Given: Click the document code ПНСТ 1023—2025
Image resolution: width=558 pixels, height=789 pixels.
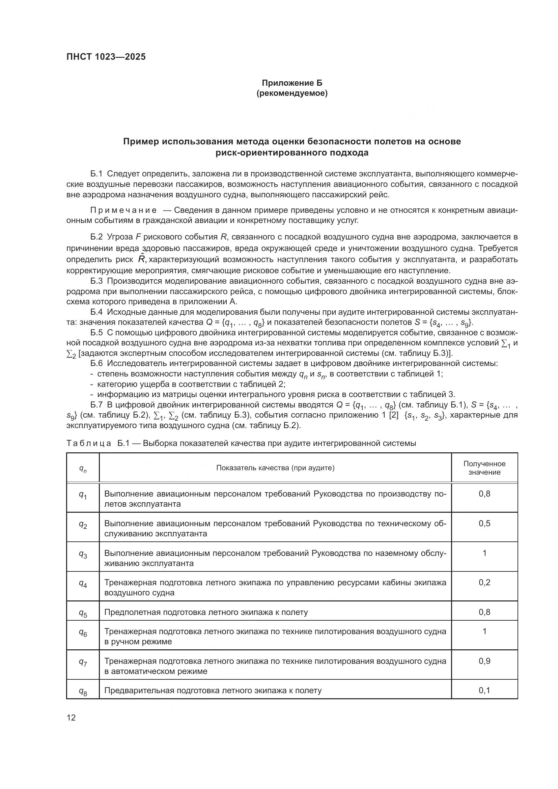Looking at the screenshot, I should click(106, 57).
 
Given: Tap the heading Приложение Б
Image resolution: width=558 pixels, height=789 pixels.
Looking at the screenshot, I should click(292, 83).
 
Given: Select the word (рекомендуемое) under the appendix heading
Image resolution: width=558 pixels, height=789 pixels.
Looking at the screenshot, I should click(292, 93).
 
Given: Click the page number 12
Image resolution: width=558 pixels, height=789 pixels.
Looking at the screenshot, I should click(71, 717).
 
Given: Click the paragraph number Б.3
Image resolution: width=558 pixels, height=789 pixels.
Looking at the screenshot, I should click(96, 281).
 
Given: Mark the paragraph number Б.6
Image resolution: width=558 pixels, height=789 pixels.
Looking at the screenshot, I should click(96, 364).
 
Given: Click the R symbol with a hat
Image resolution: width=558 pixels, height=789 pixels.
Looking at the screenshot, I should click(141, 259).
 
